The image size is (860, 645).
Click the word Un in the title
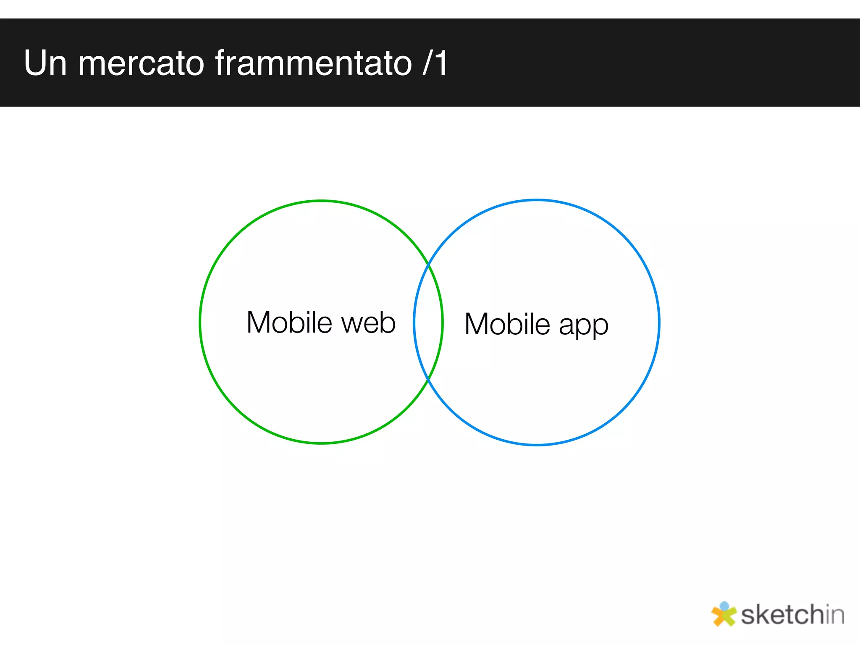click(x=45, y=63)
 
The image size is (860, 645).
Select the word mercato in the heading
click(x=141, y=63)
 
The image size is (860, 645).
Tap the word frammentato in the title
click(x=314, y=63)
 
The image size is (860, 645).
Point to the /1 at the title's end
click(x=435, y=63)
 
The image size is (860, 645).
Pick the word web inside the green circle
click(x=368, y=323)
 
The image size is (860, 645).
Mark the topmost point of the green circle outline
click(x=321, y=201)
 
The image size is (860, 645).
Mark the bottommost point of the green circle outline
click(x=321, y=443)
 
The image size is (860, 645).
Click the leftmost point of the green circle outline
click(x=200, y=322)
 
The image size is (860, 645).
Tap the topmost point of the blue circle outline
click(x=537, y=200)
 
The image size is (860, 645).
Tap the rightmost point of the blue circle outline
click(x=659, y=322)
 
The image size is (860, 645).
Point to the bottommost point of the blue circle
click(x=537, y=444)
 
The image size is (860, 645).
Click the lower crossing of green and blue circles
click(x=428, y=379)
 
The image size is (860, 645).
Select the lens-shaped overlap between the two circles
click(x=428, y=322)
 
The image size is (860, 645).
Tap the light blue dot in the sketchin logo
click(x=724, y=606)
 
